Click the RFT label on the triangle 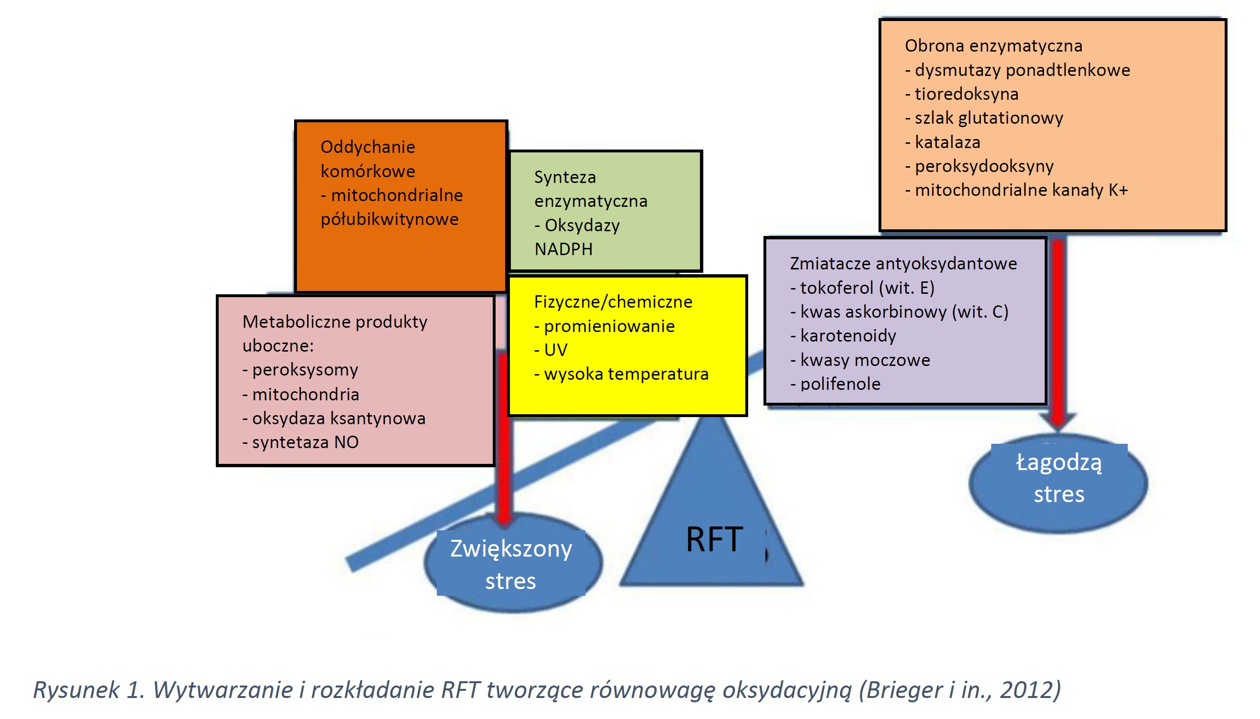714,539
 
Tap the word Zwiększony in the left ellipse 511,549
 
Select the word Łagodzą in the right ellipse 1058,463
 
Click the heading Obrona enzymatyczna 993,46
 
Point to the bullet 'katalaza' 947,142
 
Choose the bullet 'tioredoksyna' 966,94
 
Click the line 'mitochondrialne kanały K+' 1021,190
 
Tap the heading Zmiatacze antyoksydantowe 903,264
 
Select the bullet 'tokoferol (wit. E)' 867,288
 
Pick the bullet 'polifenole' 839,384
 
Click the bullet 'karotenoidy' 847,336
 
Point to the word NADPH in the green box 563,249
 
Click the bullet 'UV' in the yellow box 555,350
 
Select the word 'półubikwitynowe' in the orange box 390,219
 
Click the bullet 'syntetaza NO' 305,442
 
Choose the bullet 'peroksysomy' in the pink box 305,370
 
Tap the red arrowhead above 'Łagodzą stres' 1058,422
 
